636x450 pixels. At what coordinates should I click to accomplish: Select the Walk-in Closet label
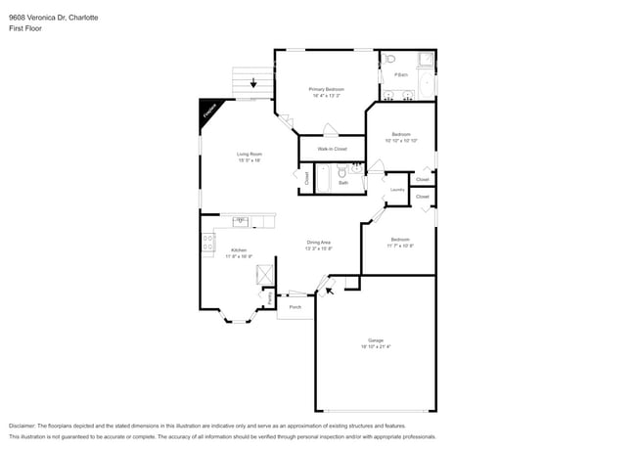(332, 149)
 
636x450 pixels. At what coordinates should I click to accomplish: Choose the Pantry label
(257, 296)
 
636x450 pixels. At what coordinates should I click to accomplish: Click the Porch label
(295, 307)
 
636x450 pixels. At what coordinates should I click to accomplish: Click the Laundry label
(397, 190)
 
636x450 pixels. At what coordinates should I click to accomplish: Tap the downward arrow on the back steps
(253, 83)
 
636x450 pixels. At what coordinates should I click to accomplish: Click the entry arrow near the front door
(330, 289)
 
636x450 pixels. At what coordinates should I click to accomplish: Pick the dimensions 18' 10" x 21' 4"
(376, 346)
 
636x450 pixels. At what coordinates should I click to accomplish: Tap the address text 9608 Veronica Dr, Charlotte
(53, 18)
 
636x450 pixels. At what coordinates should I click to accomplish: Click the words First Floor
(24, 28)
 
